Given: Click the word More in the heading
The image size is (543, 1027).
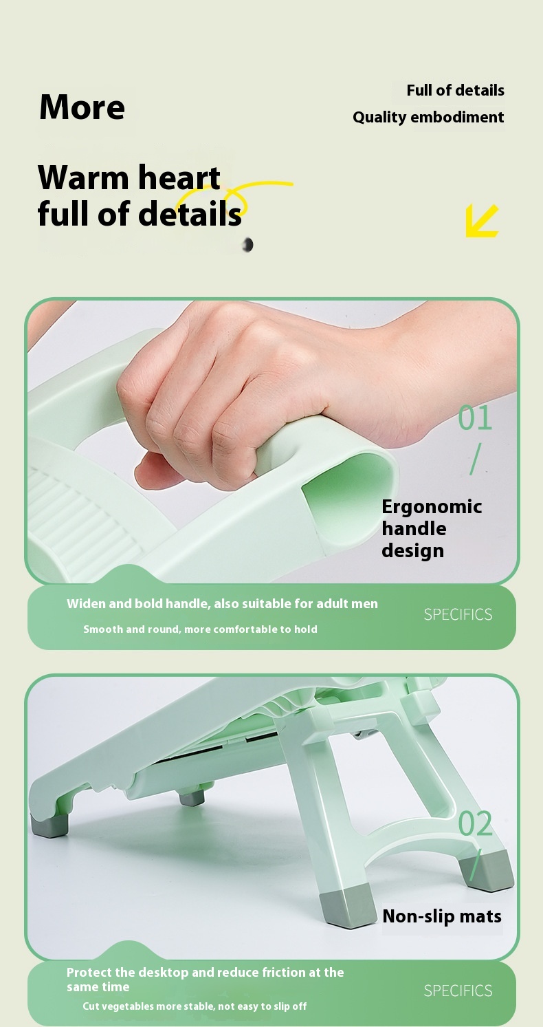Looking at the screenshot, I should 82,107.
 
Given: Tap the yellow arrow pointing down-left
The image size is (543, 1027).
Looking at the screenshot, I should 481,221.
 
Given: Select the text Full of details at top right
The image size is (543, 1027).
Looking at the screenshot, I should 455,90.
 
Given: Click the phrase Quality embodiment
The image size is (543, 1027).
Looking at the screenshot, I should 428,117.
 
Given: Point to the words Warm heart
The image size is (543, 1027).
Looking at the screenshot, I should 129,177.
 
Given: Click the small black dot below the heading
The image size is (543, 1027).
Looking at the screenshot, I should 248,245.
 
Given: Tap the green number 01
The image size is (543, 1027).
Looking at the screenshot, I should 475,418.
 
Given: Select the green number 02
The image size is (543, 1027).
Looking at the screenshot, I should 475,824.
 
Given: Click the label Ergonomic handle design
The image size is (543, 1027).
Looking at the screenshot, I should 431,528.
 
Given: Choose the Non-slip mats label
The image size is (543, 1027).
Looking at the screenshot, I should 441,916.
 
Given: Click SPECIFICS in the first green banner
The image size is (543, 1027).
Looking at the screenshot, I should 458,614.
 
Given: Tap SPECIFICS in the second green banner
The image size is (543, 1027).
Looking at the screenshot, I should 458,991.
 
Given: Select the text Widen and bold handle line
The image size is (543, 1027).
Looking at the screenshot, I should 222,604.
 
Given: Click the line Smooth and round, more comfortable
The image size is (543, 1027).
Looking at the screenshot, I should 200,629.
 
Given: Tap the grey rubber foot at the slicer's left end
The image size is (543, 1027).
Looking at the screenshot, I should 50,825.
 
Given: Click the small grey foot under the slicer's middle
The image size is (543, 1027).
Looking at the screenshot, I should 192,797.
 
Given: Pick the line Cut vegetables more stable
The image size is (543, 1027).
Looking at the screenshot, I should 195,1006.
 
